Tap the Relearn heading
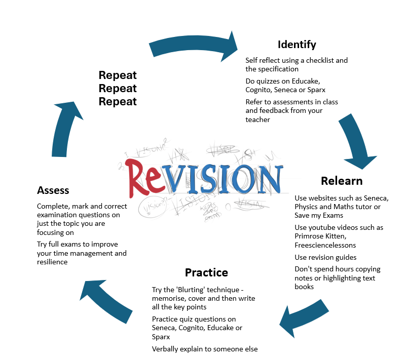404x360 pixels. coord(342,181)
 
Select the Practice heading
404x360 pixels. coord(206,272)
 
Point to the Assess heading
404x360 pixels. coord(53,190)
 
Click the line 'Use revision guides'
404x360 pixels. coord(325,257)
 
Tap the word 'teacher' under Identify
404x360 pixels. coord(258,119)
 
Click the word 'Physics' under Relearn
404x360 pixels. coord(307,207)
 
